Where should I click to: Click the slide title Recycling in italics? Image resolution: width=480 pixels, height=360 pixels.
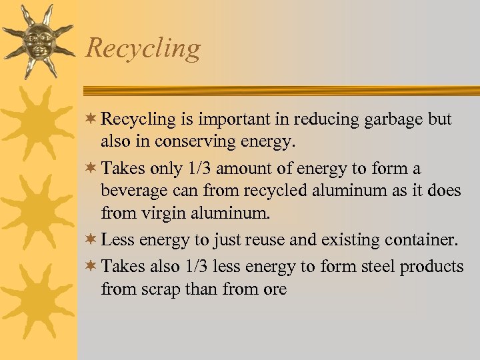coord(143,49)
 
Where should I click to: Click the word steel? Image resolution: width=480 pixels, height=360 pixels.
coord(374,267)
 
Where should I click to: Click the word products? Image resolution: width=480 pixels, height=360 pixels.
coord(431,267)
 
